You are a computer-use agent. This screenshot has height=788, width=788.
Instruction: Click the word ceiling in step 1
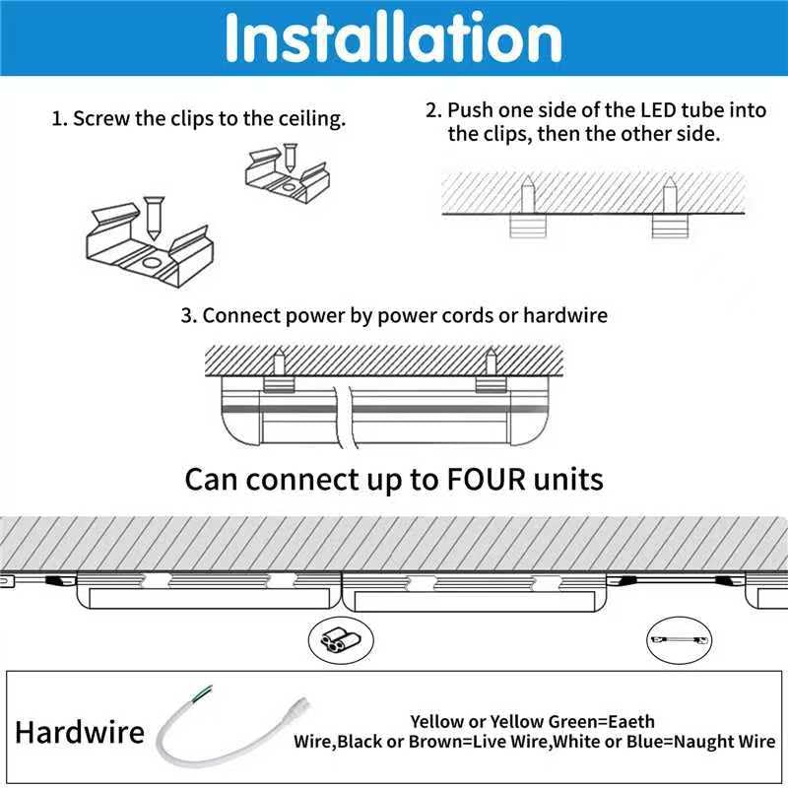pos(312,120)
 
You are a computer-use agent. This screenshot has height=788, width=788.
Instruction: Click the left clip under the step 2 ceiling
pos(527,226)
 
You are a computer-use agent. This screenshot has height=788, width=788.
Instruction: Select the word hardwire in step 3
pos(565,316)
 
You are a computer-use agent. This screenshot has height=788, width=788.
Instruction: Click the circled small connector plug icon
pos(332,641)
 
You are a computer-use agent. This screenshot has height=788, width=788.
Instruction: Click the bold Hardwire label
pos(80,733)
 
